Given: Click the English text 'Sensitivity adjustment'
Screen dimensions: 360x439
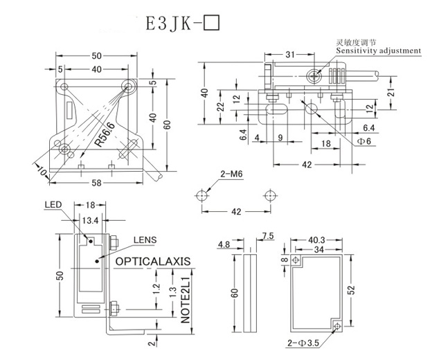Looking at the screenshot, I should [378, 51].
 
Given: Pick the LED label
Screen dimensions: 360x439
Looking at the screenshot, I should [53, 206].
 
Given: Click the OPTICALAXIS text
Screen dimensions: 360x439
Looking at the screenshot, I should [152, 262].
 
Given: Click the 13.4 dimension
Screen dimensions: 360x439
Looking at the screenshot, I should [90, 220].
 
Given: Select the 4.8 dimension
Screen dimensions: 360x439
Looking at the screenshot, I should [224, 244].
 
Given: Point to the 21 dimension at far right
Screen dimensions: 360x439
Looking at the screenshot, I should [392, 93].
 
